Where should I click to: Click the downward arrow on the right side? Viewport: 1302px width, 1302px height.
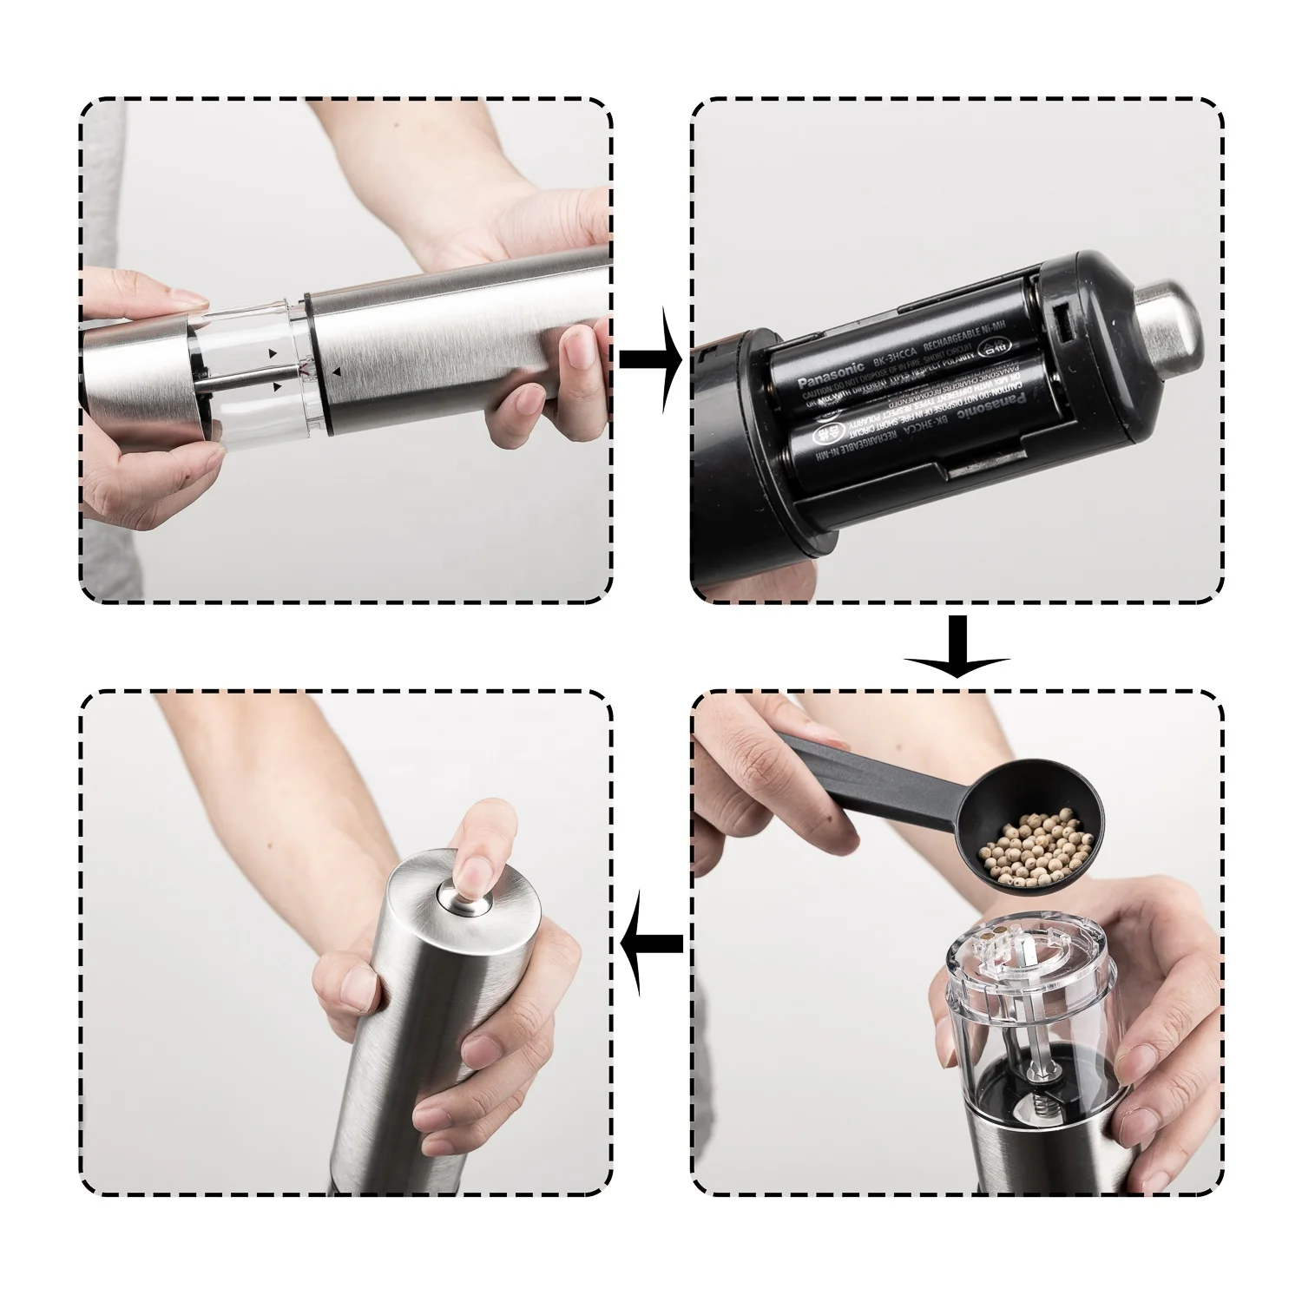pyautogui.click(x=957, y=647)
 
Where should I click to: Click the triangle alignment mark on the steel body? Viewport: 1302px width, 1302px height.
pyautogui.click(x=338, y=371)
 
